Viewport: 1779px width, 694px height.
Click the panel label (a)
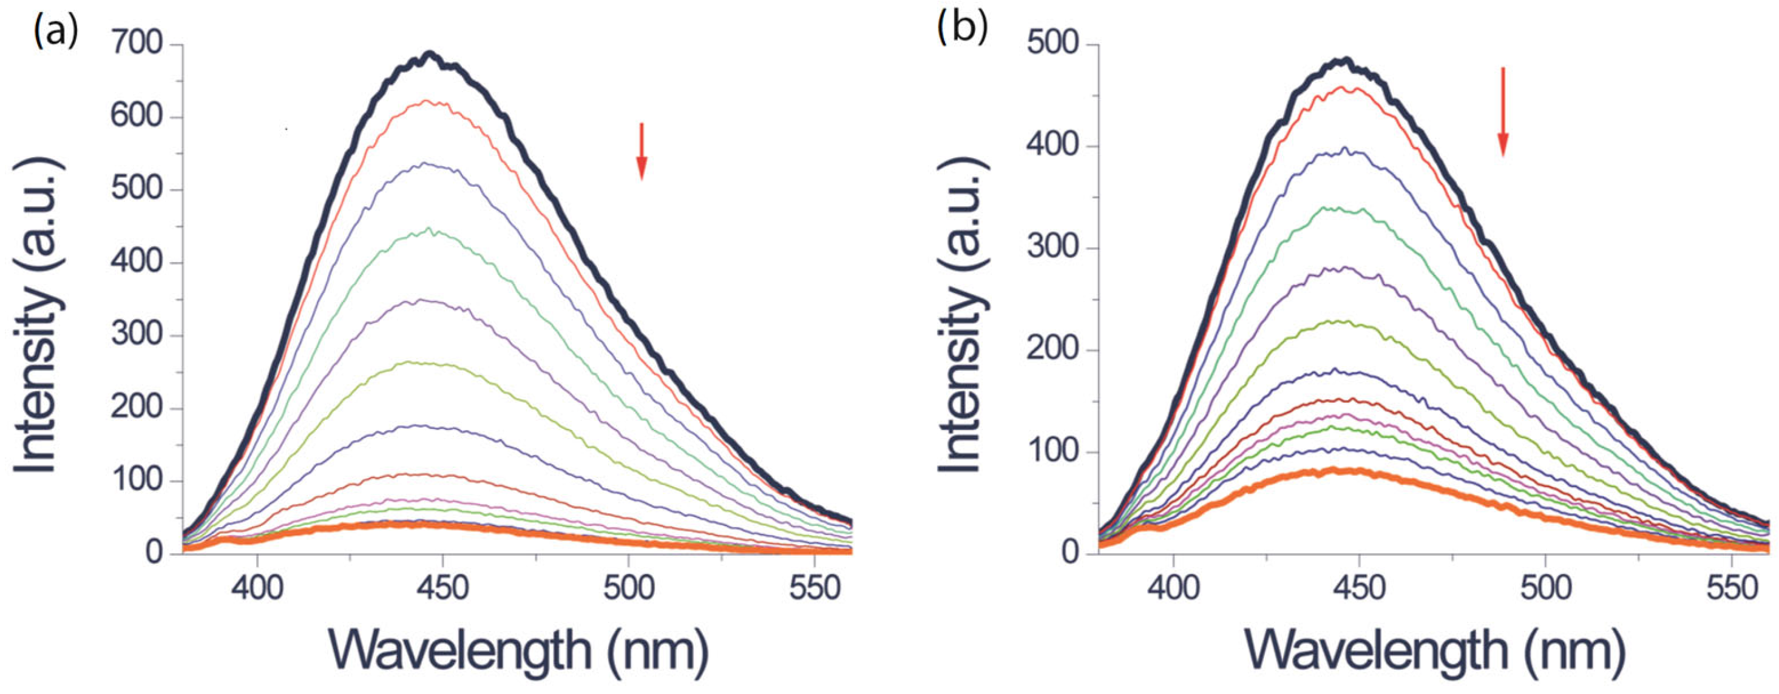pos(55,31)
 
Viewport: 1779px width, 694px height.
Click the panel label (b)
pos(962,30)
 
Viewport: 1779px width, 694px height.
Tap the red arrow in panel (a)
pos(642,151)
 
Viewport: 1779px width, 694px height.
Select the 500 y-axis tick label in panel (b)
pos(1052,45)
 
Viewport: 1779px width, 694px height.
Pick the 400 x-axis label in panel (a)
pos(257,588)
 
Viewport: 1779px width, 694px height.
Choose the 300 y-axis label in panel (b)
pos(1052,249)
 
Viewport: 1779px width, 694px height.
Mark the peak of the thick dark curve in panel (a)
pos(430,54)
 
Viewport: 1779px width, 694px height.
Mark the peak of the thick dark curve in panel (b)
pos(1344,61)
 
